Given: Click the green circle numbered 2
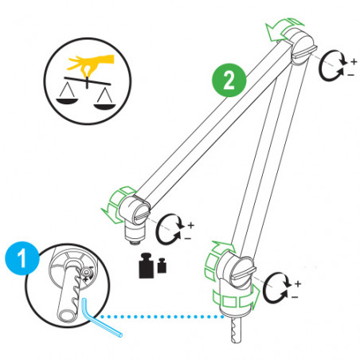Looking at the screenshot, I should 229,80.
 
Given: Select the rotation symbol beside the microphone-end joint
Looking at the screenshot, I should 173,228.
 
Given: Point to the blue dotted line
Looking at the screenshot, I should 167,317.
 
